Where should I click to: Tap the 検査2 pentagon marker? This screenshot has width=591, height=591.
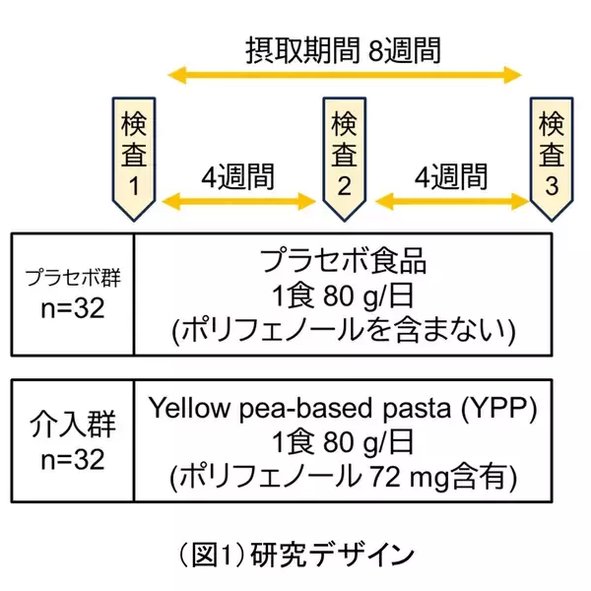coord(344,155)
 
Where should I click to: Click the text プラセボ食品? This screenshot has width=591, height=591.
coord(344,261)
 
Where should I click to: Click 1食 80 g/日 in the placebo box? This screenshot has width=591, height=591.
coord(344,296)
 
